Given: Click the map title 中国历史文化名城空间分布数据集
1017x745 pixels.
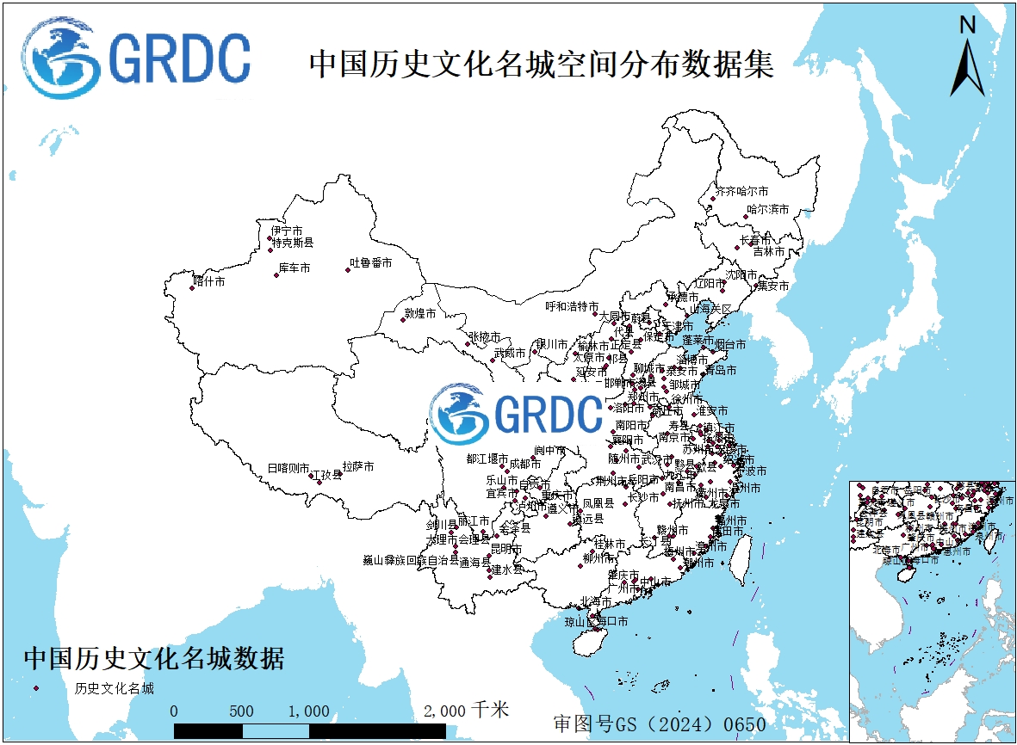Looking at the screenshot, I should pyautogui.click(x=541, y=65).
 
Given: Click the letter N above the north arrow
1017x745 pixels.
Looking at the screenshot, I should pyautogui.click(x=968, y=25).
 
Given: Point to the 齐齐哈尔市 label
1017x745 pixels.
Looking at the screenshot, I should pyautogui.click(x=742, y=190).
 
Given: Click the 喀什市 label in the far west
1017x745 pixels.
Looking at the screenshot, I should pyautogui.click(x=209, y=280).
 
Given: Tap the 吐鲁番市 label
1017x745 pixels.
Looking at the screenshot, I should pyautogui.click(x=370, y=262).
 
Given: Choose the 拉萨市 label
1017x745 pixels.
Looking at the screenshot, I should pyautogui.click(x=358, y=466).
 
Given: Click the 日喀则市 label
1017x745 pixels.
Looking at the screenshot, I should pyautogui.click(x=288, y=468).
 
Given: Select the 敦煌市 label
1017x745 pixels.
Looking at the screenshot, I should pyautogui.click(x=420, y=314).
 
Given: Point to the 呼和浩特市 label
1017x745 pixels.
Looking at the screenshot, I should pyautogui.click(x=572, y=306).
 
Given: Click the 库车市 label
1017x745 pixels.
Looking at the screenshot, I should pyautogui.click(x=294, y=268).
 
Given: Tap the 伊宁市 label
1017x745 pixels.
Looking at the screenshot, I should pyautogui.click(x=287, y=231).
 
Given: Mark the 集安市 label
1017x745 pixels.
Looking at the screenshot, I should pyautogui.click(x=772, y=286).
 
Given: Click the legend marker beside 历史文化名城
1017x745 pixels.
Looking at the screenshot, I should pyautogui.click(x=37, y=688).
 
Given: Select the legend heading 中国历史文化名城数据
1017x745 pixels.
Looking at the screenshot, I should pyautogui.click(x=154, y=659).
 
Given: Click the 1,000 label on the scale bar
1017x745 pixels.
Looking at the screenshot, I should pyautogui.click(x=309, y=711).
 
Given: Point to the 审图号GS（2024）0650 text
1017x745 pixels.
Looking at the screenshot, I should pyautogui.click(x=660, y=723).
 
